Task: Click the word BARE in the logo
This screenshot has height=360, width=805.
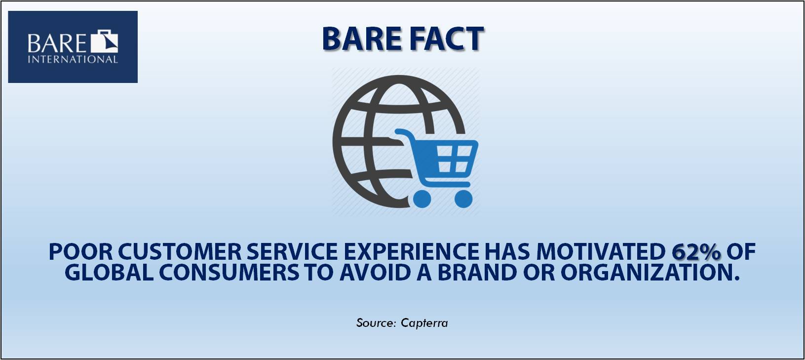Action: pyautogui.click(x=57, y=43)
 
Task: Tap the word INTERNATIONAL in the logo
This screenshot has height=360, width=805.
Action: pyautogui.click(x=73, y=59)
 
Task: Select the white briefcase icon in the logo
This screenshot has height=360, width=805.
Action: pyautogui.click(x=104, y=41)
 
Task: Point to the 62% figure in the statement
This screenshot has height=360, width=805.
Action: pyautogui.click(x=696, y=252)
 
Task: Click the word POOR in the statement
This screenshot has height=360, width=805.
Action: pyautogui.click(x=80, y=252)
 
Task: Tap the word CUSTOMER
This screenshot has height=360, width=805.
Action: pyautogui.click(x=180, y=252)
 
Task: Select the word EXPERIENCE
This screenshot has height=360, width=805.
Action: pyautogui.click(x=412, y=252)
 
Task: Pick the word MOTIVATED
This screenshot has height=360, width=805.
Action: pyautogui.click(x=601, y=252)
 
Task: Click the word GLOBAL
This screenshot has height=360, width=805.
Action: pyautogui.click(x=109, y=273)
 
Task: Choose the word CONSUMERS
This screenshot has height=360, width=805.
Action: pyautogui.click(x=229, y=273)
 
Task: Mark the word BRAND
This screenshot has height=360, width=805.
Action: pyautogui.click(x=477, y=273)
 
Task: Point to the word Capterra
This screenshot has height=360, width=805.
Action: pyautogui.click(x=424, y=323)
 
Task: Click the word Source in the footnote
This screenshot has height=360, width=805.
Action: pyautogui.click(x=375, y=322)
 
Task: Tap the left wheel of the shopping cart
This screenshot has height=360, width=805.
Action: pyautogui.click(x=422, y=199)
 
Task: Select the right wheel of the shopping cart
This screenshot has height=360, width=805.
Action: pyautogui.click(x=463, y=199)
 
